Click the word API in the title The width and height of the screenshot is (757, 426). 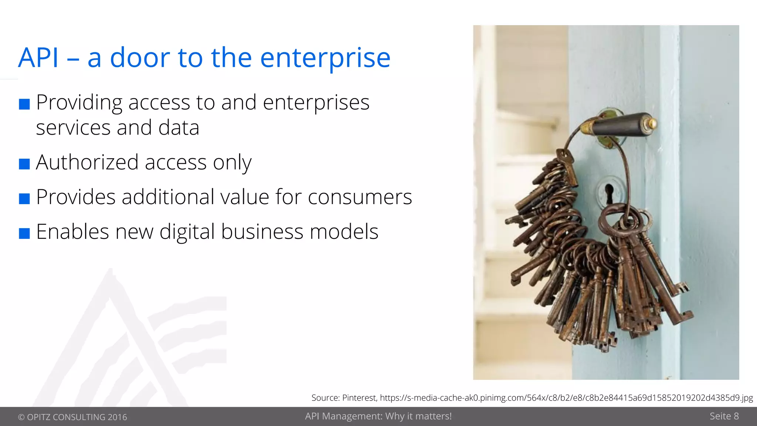click(x=38, y=58)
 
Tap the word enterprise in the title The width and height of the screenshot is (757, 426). click(x=325, y=58)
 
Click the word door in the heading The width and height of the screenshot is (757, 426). click(x=140, y=58)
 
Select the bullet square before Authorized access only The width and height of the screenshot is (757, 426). click(x=24, y=164)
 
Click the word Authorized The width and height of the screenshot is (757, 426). click(x=87, y=162)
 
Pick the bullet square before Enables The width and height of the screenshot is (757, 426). click(x=24, y=233)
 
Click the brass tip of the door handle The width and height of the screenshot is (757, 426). click(x=651, y=122)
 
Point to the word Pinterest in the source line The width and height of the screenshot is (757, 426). click(x=359, y=398)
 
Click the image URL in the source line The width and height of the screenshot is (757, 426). click(x=566, y=398)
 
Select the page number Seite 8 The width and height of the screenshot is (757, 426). click(x=724, y=416)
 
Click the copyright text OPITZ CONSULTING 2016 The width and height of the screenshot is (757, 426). click(x=73, y=417)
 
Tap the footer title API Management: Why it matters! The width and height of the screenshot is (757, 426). click(x=378, y=416)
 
